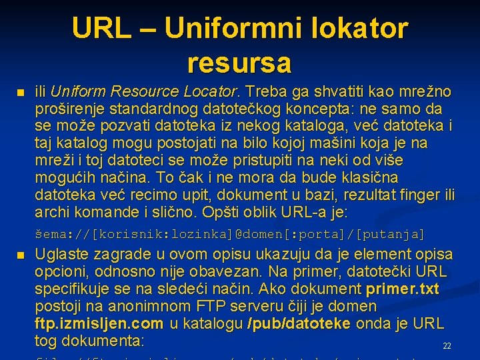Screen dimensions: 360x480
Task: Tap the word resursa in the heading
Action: point(239,63)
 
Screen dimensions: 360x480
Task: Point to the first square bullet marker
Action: point(20,92)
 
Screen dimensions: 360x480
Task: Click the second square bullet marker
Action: point(20,256)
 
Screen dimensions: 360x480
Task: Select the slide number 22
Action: point(447,346)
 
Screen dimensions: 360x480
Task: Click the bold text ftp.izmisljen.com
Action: point(99,324)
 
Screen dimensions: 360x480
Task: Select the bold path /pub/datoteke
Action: point(299,324)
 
